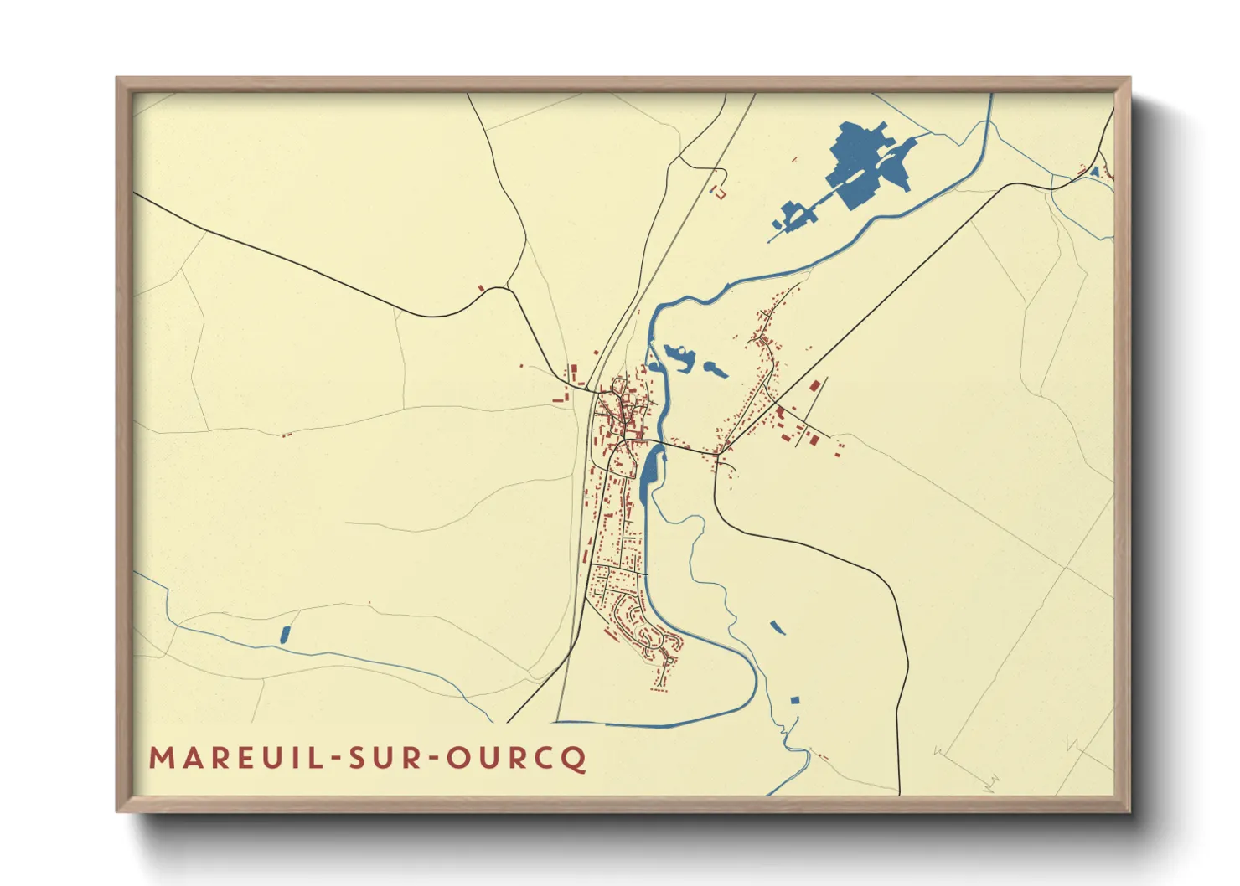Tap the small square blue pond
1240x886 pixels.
795,700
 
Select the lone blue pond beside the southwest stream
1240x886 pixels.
284,635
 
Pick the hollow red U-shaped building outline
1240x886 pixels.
718,192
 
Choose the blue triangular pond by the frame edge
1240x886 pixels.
1094,172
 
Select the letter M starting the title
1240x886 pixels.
160,759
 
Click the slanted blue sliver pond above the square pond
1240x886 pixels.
778,626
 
